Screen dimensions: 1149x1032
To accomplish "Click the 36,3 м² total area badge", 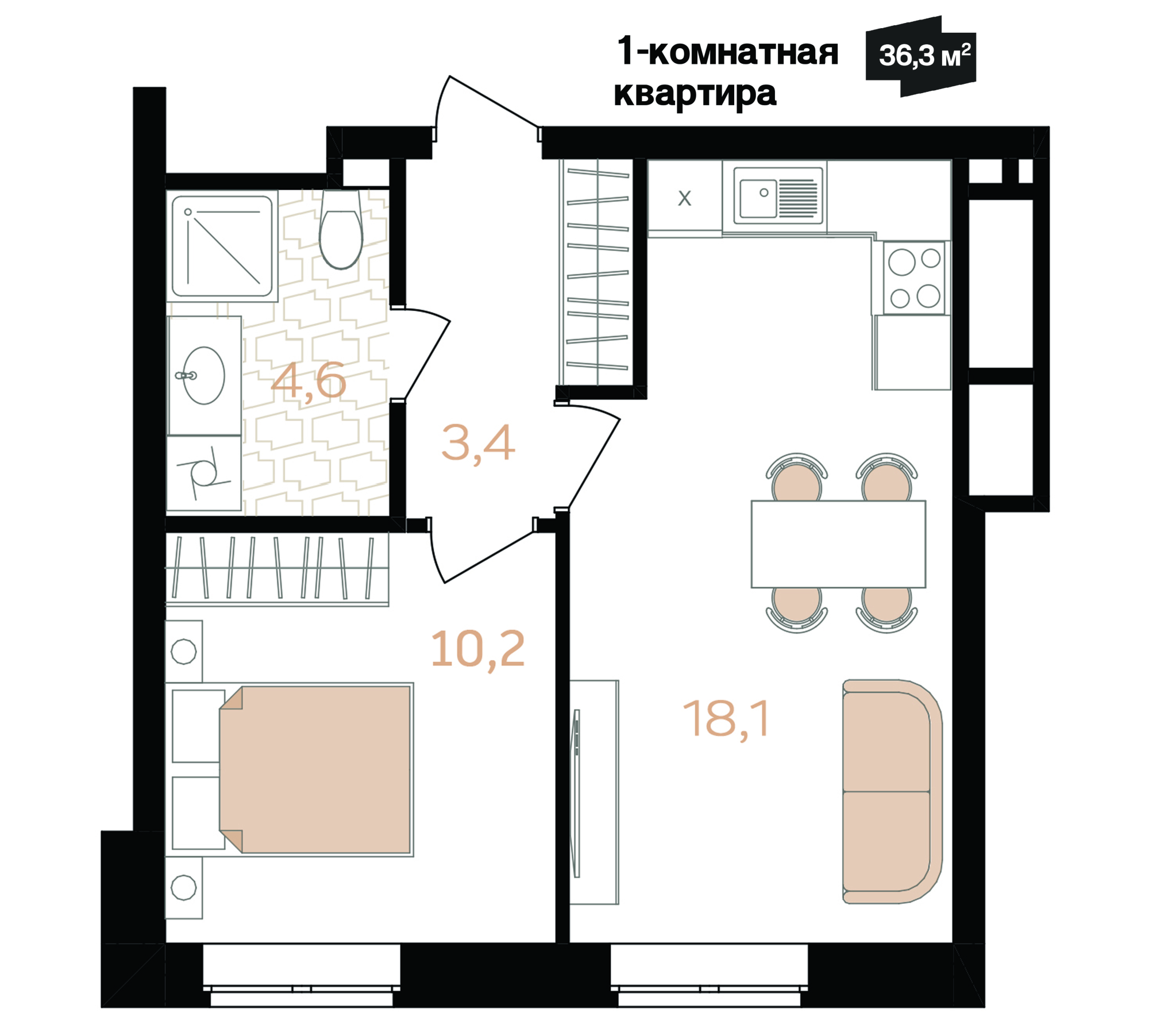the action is [920, 56].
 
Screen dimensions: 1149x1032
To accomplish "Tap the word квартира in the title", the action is [695, 94].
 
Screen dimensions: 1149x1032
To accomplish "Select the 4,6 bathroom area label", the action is [309, 381].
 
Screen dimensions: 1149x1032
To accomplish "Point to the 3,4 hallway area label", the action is [478, 444].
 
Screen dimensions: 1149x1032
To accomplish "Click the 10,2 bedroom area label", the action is [477, 649].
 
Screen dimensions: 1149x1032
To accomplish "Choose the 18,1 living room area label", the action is [726, 718].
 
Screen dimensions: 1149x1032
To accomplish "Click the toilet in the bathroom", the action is [341, 229].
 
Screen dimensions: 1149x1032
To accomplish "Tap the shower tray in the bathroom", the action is [222, 247].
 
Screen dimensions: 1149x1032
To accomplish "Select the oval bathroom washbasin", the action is [204, 375].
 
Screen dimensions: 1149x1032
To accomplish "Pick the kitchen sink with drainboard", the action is [778, 195].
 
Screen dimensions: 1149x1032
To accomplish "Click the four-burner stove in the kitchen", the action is [914, 278].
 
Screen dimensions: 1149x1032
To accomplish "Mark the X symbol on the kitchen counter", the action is [684, 198].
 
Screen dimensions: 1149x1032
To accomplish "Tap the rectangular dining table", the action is [838, 544].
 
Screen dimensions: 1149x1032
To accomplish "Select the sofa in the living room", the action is [892, 792].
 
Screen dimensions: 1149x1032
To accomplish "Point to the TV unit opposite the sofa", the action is [594, 792].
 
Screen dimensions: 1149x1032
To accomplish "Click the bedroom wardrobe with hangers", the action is [277, 569].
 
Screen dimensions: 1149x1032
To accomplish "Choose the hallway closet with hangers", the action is [597, 272].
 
